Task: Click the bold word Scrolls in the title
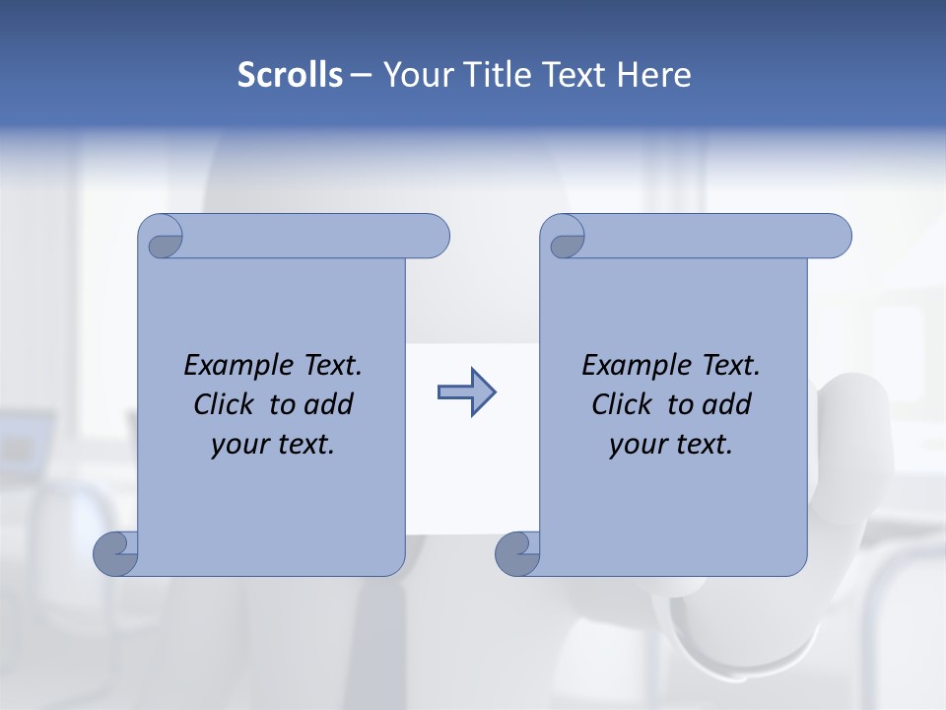(290, 75)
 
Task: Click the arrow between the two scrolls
(466, 392)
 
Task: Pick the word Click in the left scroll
(223, 404)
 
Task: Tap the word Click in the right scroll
(621, 404)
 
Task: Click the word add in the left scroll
(328, 404)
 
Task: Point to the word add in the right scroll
(726, 404)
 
